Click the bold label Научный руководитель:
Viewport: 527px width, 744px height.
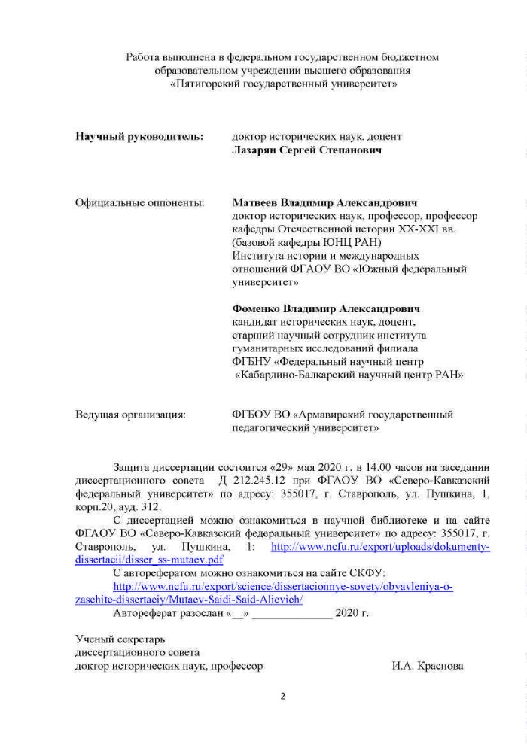[x=139, y=137]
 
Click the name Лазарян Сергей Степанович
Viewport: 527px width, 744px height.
[x=307, y=150]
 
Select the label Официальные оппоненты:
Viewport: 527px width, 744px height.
[x=139, y=203]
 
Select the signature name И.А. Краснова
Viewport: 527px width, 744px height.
[x=428, y=667]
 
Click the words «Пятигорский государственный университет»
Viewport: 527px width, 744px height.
[x=284, y=84]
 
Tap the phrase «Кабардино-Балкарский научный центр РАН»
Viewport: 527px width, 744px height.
[x=349, y=374]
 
